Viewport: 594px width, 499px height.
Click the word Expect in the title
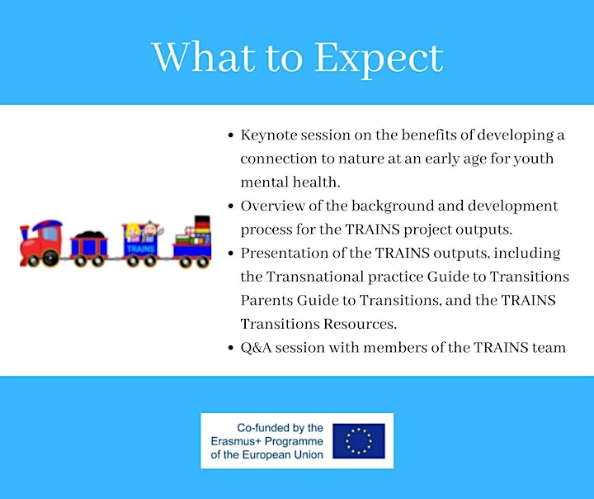click(379, 59)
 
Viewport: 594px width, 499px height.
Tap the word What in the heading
click(204, 57)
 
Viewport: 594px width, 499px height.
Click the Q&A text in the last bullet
click(256, 348)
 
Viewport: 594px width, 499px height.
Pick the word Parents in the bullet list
click(266, 300)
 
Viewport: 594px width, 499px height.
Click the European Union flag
click(359, 441)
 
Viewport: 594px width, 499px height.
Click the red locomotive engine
click(41, 243)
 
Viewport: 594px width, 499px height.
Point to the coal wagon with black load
click(89, 247)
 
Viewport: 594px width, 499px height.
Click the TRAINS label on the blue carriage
click(140, 249)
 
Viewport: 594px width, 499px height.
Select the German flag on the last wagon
click(202, 224)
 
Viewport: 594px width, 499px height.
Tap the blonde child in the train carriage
click(133, 232)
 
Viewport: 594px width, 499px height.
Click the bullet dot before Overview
click(231, 206)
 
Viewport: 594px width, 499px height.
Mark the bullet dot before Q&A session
click(231, 348)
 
